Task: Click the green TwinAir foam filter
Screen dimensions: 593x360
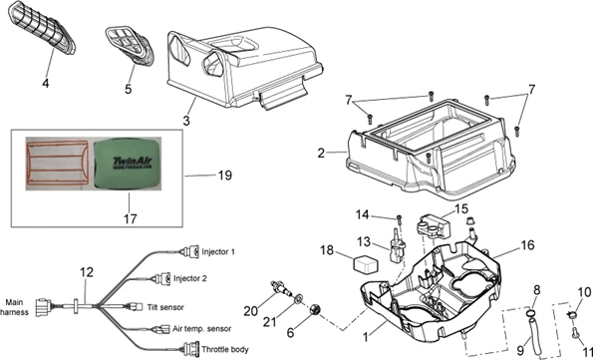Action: point(127,164)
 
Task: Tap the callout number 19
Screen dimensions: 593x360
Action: point(224,176)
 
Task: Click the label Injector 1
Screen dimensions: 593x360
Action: point(218,251)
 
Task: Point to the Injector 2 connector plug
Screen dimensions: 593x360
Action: point(164,278)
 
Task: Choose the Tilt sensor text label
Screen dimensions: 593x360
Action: point(165,307)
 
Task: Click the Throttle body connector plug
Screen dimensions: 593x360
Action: point(191,348)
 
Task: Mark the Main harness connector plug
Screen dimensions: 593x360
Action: point(44,307)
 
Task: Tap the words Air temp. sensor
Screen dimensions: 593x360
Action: point(202,328)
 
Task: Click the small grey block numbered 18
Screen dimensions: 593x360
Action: point(364,263)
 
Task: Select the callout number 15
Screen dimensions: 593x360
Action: point(461,209)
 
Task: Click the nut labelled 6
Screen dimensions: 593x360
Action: point(315,310)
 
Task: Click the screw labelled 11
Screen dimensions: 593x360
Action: point(575,333)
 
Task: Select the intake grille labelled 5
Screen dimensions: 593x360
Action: point(130,45)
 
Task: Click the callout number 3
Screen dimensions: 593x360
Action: point(186,121)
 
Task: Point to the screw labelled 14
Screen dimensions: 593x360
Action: point(399,220)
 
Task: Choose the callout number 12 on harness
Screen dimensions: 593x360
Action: point(87,272)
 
